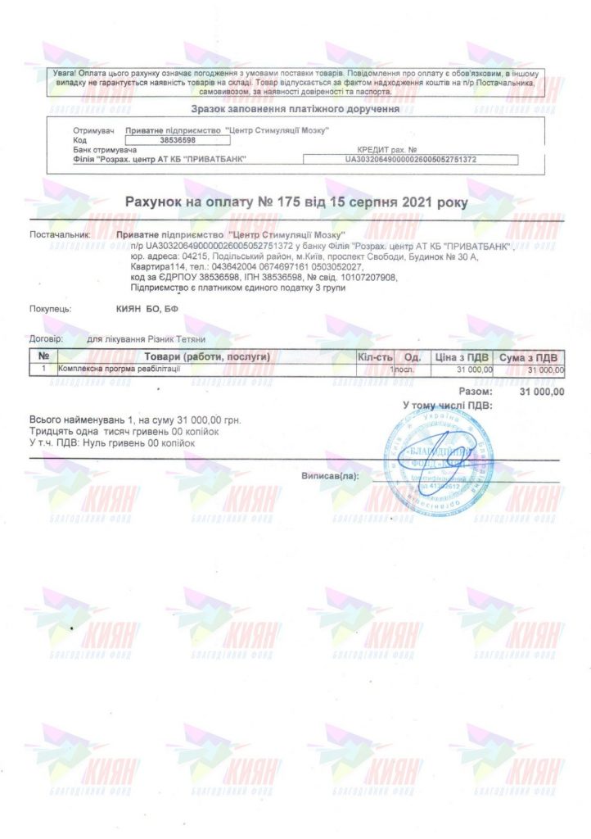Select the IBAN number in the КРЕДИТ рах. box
point(411,160)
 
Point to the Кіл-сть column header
point(376,358)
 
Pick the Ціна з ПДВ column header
point(462,358)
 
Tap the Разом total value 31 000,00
point(542,392)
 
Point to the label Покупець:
point(51,309)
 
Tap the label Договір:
point(46,338)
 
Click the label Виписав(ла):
point(330,475)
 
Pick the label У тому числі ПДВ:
point(447,406)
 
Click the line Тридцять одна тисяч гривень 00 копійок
point(112,431)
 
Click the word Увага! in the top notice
point(66,74)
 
